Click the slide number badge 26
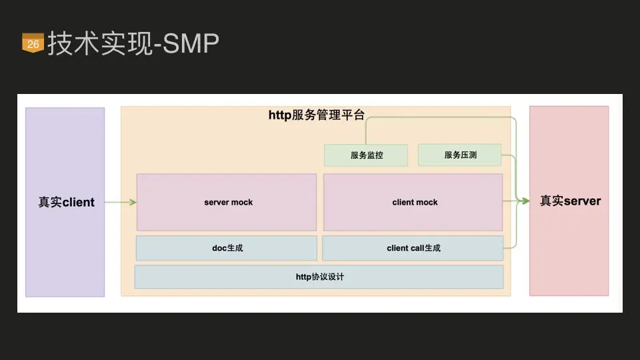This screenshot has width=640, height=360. click(33, 44)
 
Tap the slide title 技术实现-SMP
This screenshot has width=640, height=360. click(133, 44)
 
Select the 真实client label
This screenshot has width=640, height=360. click(66, 202)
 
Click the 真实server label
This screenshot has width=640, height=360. click(570, 201)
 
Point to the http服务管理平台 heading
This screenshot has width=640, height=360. click(317, 115)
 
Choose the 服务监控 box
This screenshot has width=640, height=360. click(367, 155)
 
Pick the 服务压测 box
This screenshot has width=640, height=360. click(460, 155)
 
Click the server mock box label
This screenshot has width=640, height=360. click(228, 202)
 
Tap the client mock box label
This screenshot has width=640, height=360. click(415, 202)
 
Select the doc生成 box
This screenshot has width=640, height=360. click(227, 248)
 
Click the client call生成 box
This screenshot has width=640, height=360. click(413, 248)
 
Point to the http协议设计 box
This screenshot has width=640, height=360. click(319, 277)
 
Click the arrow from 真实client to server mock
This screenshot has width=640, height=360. click(120, 202)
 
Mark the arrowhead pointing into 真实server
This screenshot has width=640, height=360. click(526, 200)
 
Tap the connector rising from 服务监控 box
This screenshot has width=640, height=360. click(366, 131)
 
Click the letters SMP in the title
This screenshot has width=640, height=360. click(191, 44)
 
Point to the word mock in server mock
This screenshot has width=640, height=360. click(242, 202)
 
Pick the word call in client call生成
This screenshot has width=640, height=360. click(417, 248)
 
